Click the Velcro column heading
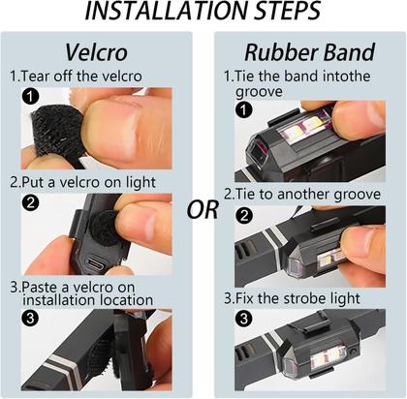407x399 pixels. (x=96, y=52)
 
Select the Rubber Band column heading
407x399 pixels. (x=310, y=52)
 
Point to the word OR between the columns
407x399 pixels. (x=203, y=209)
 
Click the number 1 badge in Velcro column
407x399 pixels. (x=30, y=97)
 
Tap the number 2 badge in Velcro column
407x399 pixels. (x=30, y=203)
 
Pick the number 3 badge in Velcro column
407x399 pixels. (x=30, y=318)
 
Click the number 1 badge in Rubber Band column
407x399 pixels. (x=244, y=110)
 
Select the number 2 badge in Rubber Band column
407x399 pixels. (x=244, y=215)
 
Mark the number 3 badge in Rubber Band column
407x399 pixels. (x=244, y=319)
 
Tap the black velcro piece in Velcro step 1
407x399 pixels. (x=58, y=131)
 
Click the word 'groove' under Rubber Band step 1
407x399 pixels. (x=259, y=92)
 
